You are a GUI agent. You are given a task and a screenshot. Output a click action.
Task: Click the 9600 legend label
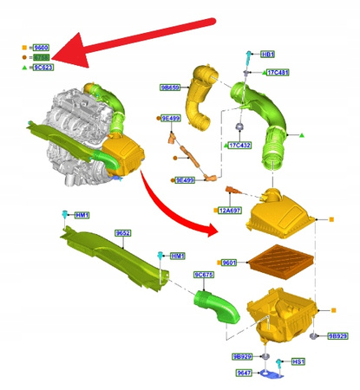[x=42, y=48]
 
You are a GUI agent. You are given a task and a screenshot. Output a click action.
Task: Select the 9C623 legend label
[x=43, y=67]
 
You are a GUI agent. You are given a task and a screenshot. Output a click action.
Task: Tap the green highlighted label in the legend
[x=43, y=57]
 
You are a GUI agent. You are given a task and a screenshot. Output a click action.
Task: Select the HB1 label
[x=268, y=54]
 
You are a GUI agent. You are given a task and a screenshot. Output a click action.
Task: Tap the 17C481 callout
[x=278, y=73]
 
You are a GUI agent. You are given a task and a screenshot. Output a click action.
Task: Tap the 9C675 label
[x=204, y=275]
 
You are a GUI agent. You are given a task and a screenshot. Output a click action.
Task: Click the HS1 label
[x=298, y=361]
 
